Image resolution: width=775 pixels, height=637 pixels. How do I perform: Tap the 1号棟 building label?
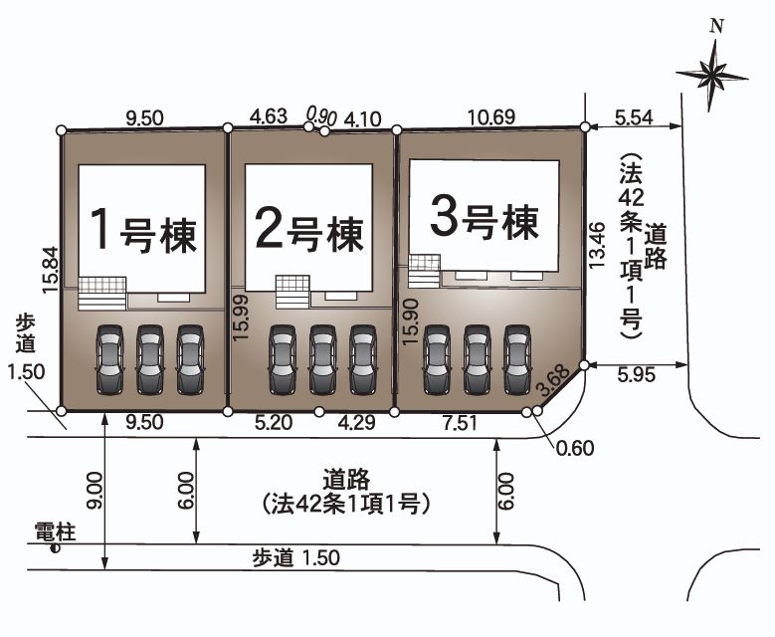click(x=141, y=231)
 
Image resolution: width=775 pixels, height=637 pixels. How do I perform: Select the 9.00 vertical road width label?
click(x=93, y=493)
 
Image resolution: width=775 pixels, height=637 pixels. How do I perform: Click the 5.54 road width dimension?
click(x=634, y=116)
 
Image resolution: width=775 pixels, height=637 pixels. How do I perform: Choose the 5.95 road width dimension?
click(x=637, y=377)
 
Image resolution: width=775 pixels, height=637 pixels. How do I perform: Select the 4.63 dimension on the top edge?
click(x=269, y=116)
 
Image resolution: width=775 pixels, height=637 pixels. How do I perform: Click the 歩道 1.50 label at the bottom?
click(x=295, y=558)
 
